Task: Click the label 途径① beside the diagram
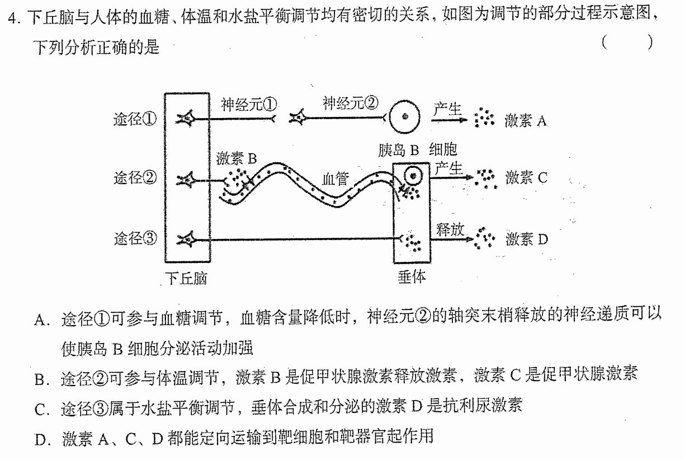[x=135, y=119]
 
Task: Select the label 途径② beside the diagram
[x=135, y=177]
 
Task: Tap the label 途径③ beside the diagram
[x=135, y=238]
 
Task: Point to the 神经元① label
[x=249, y=104]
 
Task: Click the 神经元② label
[x=351, y=102]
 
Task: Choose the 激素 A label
[x=526, y=121]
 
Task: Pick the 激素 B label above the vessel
[x=237, y=158]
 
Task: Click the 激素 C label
[x=526, y=177]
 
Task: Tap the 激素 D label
[x=527, y=239]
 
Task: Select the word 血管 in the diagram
[x=335, y=179]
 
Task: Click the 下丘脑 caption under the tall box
[x=186, y=278]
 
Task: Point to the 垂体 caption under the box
[x=412, y=277]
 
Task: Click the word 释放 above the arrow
[x=450, y=229]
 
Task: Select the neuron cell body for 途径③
[x=187, y=239]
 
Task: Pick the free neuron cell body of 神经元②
[x=298, y=118]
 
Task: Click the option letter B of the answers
[x=41, y=379]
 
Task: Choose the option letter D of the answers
[x=41, y=440]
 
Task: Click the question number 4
[x=12, y=18]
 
